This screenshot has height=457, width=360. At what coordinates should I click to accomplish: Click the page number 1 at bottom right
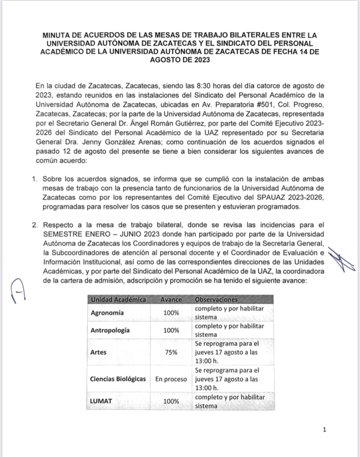point(324,430)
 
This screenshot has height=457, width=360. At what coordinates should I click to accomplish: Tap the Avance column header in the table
point(171,300)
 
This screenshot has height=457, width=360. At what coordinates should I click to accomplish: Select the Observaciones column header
point(216,300)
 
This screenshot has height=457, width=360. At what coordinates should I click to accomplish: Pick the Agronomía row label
point(107,313)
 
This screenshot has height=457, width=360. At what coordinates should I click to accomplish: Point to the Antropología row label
point(110,330)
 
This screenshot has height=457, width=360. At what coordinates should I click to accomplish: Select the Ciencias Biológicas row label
point(118,378)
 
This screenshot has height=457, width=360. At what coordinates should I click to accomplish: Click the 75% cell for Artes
point(171,352)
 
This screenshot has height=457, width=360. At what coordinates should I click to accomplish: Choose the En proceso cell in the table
point(171,378)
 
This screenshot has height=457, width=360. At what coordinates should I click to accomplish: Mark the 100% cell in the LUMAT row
point(171,401)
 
